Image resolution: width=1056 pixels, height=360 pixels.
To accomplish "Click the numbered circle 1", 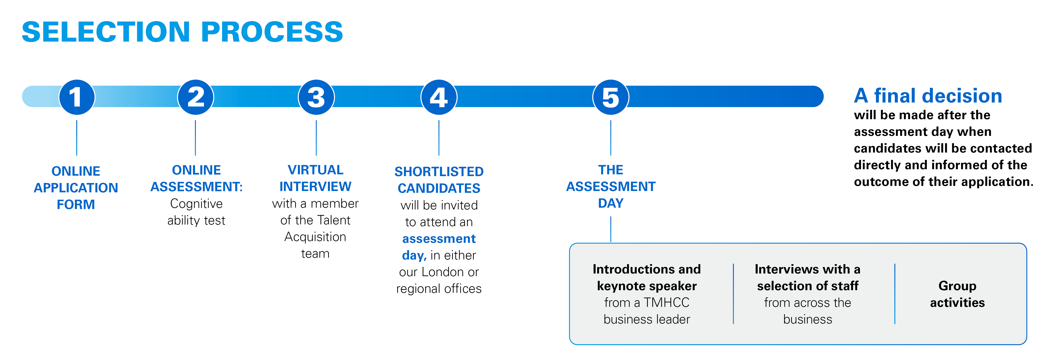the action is [77, 97].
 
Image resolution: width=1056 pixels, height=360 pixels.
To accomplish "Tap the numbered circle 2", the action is [196, 97].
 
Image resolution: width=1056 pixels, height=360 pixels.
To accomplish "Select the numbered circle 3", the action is [316, 97].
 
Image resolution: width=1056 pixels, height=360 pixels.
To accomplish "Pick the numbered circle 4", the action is [439, 97].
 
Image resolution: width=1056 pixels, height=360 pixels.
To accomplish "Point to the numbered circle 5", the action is [611, 97].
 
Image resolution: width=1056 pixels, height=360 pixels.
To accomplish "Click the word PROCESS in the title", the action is [272, 32].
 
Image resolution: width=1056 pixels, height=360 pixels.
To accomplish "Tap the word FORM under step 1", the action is [76, 204].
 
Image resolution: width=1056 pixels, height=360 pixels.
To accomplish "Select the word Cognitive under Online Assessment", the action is [196, 204].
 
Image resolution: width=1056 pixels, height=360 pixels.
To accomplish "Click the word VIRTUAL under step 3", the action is [316, 170].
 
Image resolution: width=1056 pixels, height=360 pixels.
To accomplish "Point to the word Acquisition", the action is [315, 237].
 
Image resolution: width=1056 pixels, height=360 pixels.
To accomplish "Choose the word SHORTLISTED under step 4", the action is [439, 171].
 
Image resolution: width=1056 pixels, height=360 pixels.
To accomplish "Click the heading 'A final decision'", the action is [928, 96].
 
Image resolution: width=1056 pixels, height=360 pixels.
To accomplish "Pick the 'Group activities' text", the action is [957, 294].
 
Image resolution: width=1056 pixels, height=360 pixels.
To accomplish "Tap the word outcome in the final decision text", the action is [881, 182].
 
